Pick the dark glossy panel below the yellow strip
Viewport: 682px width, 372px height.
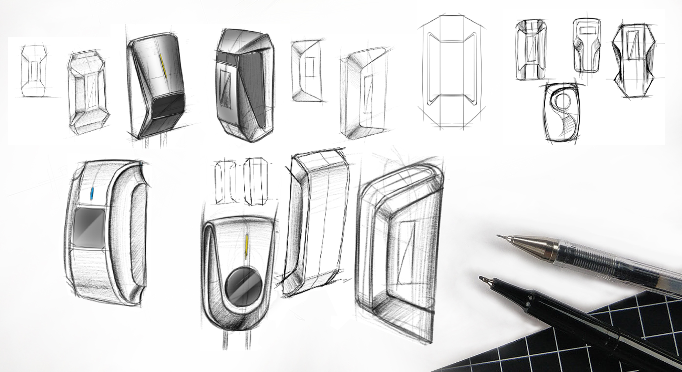click(x=168, y=107)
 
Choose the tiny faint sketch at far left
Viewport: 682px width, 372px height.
click(x=33, y=72)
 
